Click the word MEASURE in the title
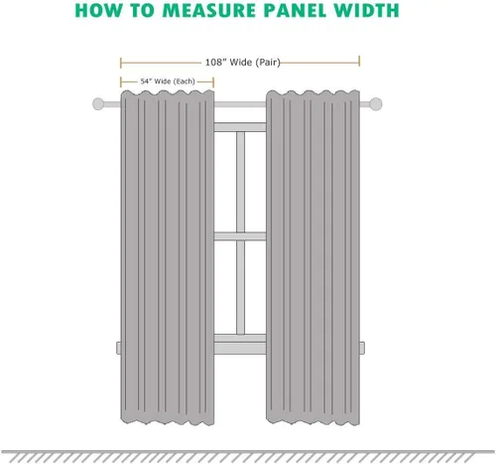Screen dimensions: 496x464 tap(210, 10)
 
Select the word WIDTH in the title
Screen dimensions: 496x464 tap(366, 10)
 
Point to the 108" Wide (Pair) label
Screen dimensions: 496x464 tap(243, 63)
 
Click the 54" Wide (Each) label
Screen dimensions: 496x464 tap(168, 81)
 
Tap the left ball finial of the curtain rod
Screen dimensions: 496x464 tap(98, 103)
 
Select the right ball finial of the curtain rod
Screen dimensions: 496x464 tap(376, 103)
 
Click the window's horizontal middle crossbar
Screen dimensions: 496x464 tap(240, 236)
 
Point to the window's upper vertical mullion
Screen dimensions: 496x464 tap(240, 182)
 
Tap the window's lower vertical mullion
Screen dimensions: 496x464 tap(240, 287)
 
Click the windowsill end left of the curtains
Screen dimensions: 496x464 tap(118, 348)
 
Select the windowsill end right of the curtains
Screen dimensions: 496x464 tap(362, 348)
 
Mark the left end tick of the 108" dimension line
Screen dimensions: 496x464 tap(121, 63)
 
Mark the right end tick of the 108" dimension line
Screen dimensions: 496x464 tap(359, 62)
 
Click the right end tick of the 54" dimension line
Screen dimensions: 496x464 tap(213, 82)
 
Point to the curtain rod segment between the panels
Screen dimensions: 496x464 tap(240, 104)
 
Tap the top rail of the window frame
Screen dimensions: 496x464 tap(240, 127)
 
